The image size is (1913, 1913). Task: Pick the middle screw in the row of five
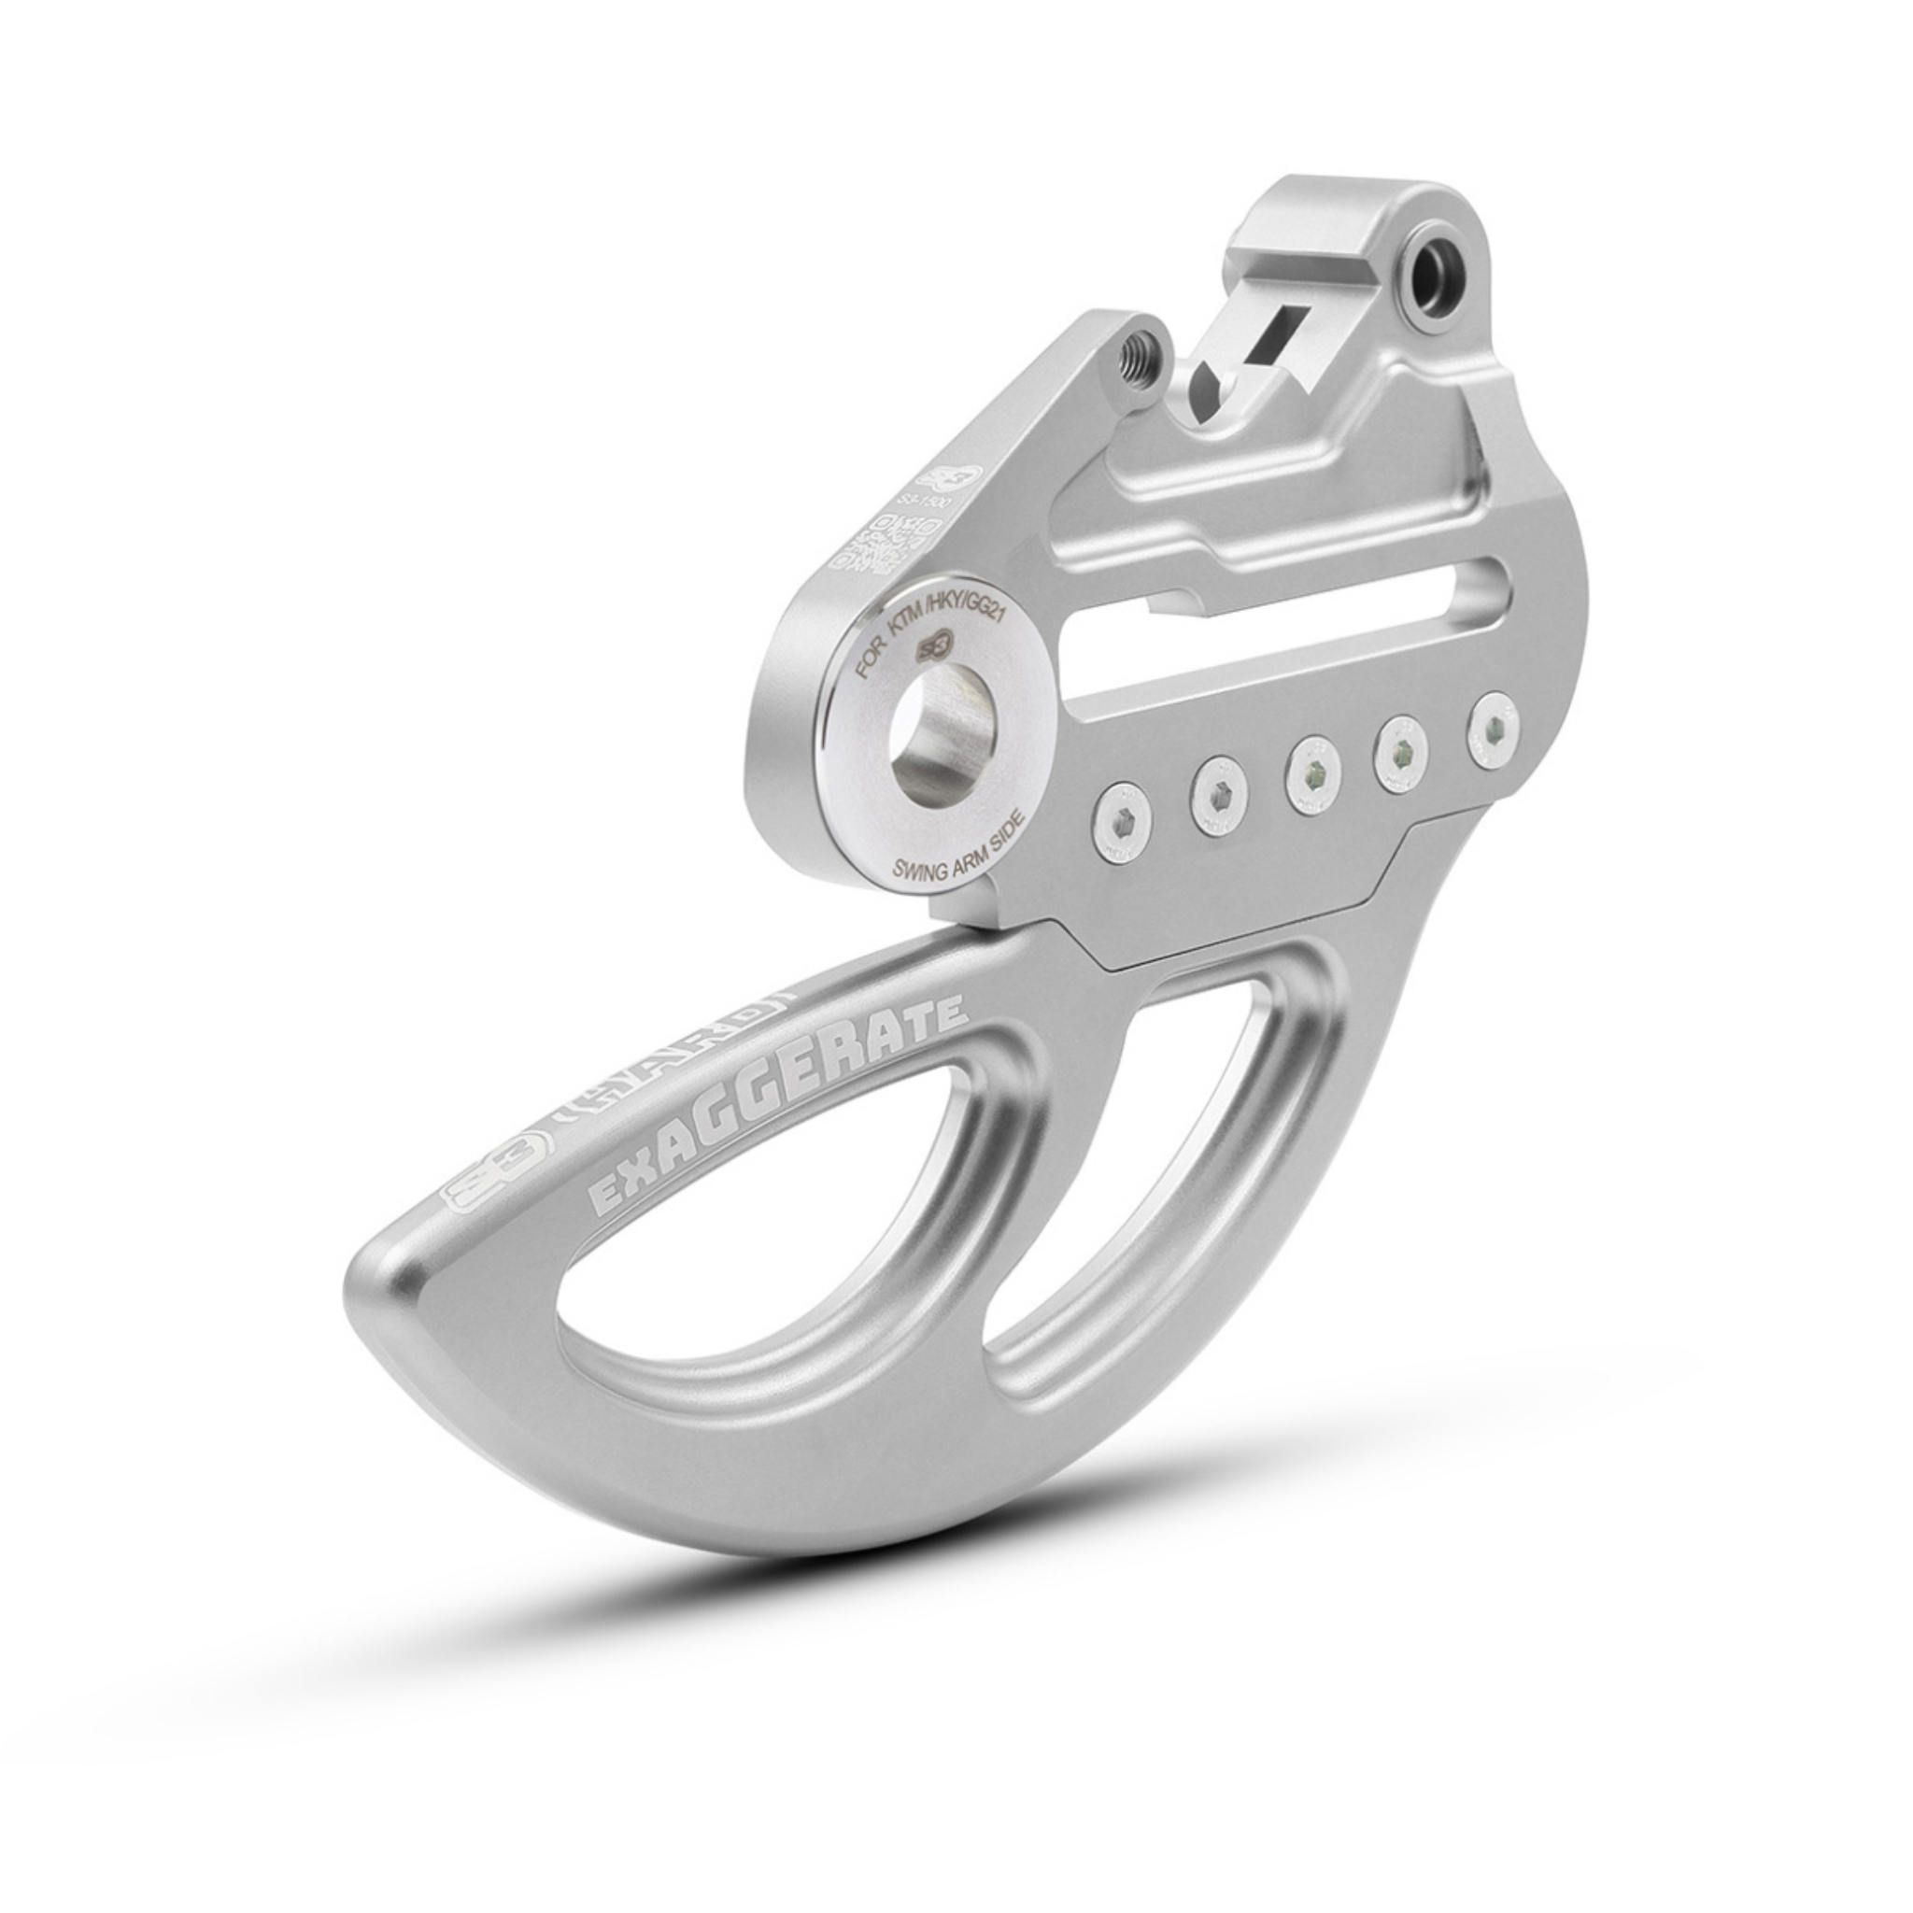coord(1312,769)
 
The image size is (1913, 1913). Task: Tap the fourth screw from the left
coord(1401,748)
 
